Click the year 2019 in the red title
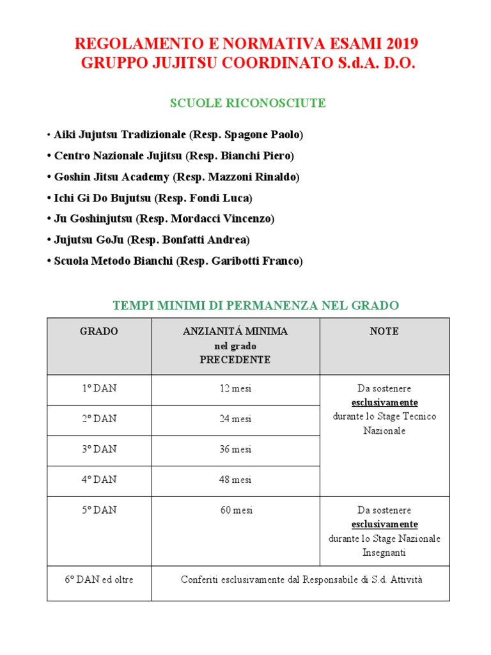click(x=400, y=44)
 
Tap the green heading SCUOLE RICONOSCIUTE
click(x=247, y=103)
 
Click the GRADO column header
click(x=99, y=331)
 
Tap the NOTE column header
click(x=384, y=331)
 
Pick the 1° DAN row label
click(x=99, y=388)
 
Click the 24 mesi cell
click(x=235, y=419)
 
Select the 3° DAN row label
click(x=99, y=449)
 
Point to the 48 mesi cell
click(x=235, y=480)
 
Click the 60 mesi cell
click(x=235, y=510)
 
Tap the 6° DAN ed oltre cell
click(x=99, y=580)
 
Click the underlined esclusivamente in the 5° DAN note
click(x=384, y=525)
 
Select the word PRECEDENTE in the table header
click(x=235, y=359)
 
